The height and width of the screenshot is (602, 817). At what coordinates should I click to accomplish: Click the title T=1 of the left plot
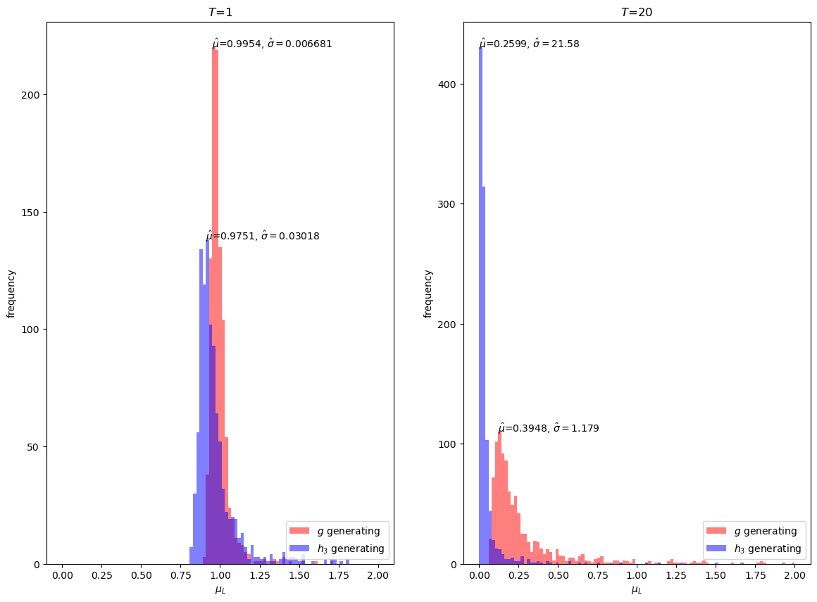click(220, 12)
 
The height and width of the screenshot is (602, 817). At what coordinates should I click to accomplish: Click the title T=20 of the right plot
click(637, 12)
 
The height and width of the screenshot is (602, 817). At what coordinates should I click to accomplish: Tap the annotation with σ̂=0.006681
click(272, 44)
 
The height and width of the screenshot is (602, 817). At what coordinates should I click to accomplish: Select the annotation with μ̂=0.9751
click(262, 236)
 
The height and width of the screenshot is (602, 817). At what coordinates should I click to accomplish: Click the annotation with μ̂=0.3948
click(548, 428)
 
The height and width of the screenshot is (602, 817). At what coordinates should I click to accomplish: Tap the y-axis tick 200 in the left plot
click(33, 95)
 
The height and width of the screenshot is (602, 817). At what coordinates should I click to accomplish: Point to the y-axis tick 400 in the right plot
click(450, 84)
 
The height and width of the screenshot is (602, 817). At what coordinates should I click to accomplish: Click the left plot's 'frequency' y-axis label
click(11, 294)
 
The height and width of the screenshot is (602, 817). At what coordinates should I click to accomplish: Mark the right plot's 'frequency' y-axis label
click(428, 294)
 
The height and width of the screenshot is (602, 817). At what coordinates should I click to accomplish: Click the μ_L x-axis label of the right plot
click(637, 590)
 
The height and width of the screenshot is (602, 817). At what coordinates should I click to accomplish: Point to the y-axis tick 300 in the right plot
click(450, 204)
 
